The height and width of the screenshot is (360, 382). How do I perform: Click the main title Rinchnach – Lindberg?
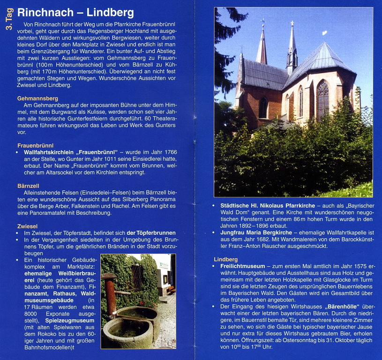(75, 13)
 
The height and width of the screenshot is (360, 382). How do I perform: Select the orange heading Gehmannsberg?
(37, 98)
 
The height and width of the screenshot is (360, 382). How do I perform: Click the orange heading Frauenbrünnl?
(35, 145)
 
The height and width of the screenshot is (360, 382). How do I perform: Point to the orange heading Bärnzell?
(31, 186)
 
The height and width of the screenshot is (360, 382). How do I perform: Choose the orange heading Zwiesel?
(30, 226)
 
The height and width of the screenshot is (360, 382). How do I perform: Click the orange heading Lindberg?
(225, 259)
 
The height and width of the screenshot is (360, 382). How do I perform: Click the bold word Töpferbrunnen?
(151, 233)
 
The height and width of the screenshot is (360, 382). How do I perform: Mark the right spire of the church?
(292, 47)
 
